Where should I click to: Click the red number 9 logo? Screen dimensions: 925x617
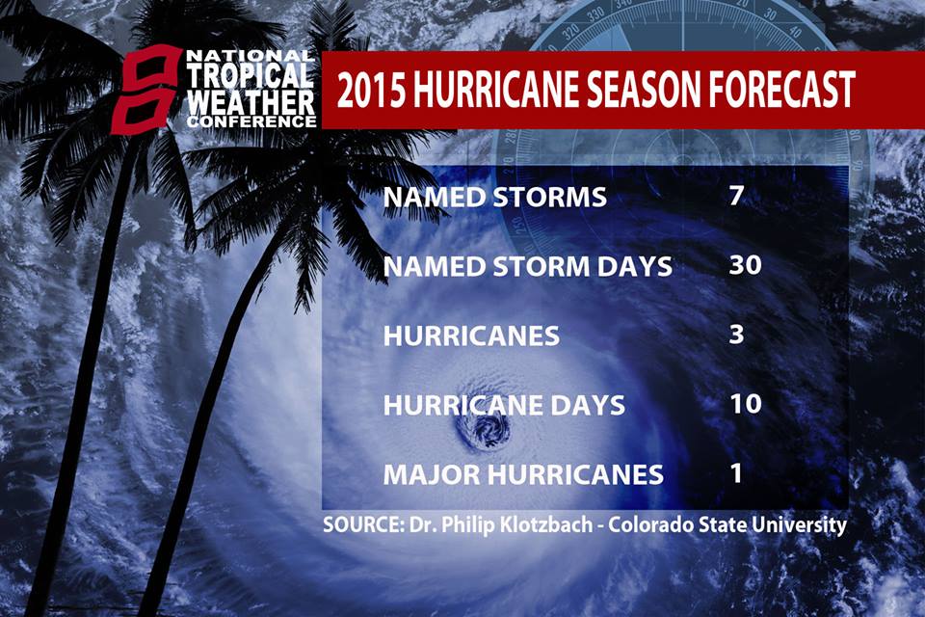[145, 90]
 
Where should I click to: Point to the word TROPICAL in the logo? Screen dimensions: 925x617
[250, 75]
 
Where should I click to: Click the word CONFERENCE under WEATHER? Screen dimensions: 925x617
[251, 121]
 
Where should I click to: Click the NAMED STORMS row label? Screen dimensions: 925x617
[495, 197]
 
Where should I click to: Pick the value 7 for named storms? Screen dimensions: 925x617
[736, 195]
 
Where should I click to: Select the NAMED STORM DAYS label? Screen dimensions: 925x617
[528, 266]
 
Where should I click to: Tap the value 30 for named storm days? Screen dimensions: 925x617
[745, 264]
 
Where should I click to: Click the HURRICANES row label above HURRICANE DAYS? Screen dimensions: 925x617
[471, 335]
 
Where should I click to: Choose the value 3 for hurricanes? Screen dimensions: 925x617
[736, 335]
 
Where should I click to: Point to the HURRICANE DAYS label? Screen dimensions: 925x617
[504, 405]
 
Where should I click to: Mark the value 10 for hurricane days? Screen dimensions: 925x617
[746, 403]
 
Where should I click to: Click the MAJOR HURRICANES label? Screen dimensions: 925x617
[524, 474]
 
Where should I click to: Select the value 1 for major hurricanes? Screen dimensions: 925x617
[735, 473]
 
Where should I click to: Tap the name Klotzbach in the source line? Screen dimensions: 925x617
[547, 524]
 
